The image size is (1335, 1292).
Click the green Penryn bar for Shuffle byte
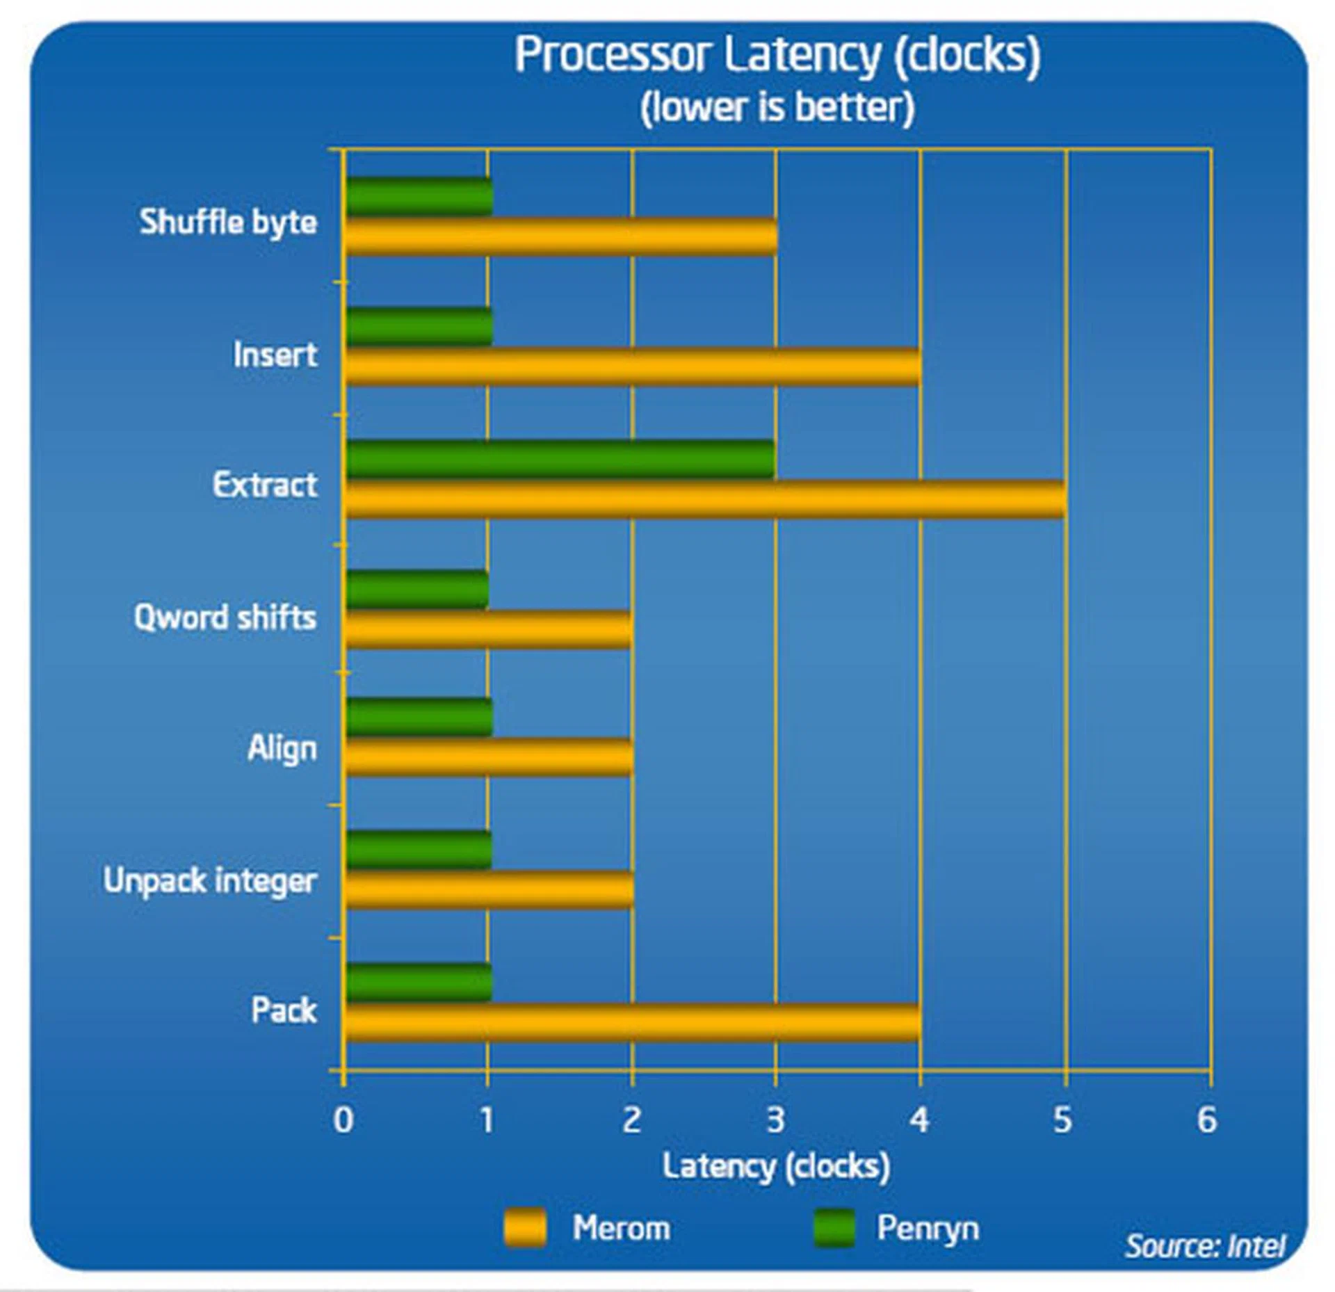(419, 197)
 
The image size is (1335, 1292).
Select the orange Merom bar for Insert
(633, 366)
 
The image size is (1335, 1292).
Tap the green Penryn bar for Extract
(560, 459)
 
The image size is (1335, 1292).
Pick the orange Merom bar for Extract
(705, 499)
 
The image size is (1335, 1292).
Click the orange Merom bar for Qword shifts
(488, 629)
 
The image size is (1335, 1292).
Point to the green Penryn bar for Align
(419, 717)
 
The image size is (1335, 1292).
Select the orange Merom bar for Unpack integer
(489, 889)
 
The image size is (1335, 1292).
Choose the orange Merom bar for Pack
(633, 1022)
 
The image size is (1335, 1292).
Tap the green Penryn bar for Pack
(419, 982)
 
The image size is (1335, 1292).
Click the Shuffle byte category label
(228, 223)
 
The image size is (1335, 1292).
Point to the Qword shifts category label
(225, 617)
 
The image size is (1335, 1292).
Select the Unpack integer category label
(210, 881)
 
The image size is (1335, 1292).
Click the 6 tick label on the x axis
(1206, 1120)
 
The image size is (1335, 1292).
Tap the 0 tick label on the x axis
(343, 1120)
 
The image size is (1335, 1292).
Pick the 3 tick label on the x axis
(775, 1120)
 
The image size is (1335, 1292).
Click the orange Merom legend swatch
(525, 1228)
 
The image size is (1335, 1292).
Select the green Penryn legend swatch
(834, 1228)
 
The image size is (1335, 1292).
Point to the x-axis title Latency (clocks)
(776, 1166)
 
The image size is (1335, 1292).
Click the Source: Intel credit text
(1205, 1245)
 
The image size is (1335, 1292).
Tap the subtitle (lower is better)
(777, 108)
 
